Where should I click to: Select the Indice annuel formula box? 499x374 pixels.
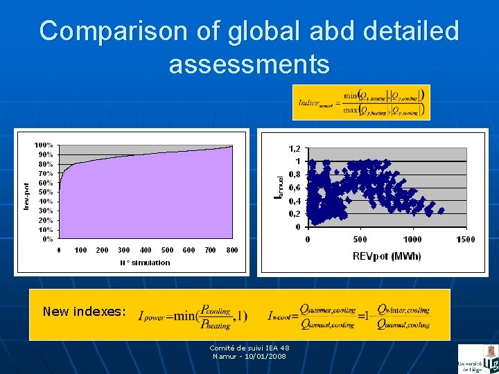361,103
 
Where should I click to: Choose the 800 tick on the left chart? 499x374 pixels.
232,250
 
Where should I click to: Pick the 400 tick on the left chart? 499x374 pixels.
146,250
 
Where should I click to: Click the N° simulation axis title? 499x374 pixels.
145,262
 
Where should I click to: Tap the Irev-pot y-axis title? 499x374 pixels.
26,196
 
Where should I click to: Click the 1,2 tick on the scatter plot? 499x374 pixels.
295,148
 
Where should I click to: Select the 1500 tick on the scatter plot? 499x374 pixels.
465,239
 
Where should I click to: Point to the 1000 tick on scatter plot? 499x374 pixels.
412,239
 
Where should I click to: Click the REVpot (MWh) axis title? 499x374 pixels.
386,256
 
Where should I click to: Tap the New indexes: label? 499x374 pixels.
84,312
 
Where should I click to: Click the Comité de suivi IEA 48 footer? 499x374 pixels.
249,348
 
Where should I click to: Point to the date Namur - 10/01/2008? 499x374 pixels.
249,356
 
